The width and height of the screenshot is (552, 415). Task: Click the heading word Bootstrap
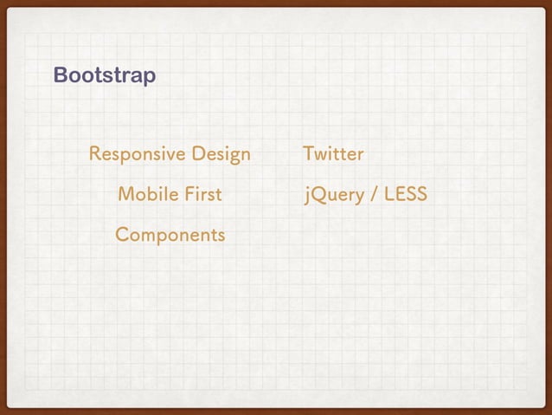click(x=105, y=76)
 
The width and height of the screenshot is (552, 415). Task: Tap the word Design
click(x=221, y=156)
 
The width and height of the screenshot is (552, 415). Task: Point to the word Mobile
click(x=144, y=194)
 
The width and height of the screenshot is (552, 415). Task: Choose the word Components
click(x=170, y=235)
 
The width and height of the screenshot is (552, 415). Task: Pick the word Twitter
click(x=333, y=155)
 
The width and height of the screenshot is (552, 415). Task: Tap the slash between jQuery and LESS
click(x=373, y=195)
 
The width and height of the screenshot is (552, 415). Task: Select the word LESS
click(x=405, y=194)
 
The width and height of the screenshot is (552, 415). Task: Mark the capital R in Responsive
click(x=95, y=155)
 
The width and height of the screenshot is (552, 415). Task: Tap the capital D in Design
click(x=199, y=155)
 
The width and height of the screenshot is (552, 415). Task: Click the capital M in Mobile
click(x=125, y=194)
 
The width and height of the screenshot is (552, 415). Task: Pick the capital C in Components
click(x=123, y=235)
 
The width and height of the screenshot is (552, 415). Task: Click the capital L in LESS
click(x=388, y=194)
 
